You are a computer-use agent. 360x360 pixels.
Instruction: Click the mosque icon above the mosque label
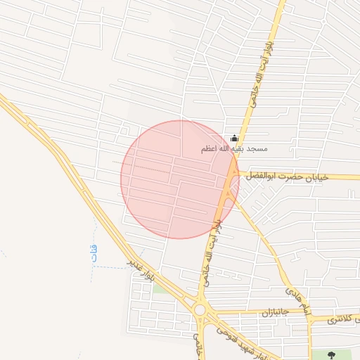[x=234, y=139]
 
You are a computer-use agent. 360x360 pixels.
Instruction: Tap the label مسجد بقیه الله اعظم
[x=234, y=149]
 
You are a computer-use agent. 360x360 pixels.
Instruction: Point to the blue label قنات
[x=96, y=253]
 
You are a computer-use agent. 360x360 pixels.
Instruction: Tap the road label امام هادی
[x=297, y=299]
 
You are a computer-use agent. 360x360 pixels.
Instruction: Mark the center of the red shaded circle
[x=180, y=179]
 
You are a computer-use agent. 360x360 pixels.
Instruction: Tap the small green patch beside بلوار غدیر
[x=160, y=288]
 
